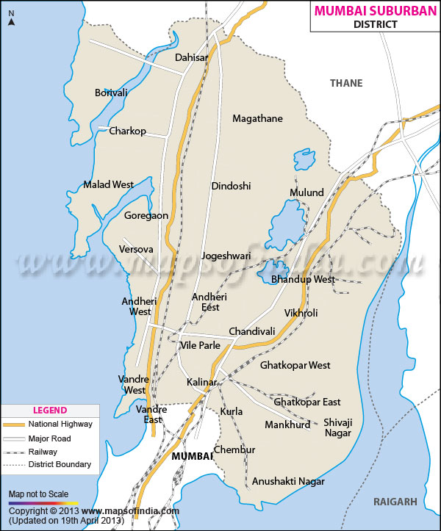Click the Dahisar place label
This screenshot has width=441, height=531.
pos(191,57)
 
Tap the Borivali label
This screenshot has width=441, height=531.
pos(111,93)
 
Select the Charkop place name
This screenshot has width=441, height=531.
pos(127,131)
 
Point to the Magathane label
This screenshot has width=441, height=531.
pos(257,118)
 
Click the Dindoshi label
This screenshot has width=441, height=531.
pos(231,186)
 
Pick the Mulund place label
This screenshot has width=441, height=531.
pos(306,192)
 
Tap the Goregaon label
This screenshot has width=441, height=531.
pos(146,216)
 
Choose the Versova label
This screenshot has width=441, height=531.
pos(136,250)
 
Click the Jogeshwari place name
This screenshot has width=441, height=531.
pos(226,256)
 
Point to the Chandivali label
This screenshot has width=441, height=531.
pos(251,331)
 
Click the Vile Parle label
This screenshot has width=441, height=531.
pos(200,345)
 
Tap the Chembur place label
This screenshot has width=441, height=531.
pos(234,449)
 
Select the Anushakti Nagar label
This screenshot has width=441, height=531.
pos(288,481)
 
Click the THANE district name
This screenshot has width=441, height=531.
pos(346,83)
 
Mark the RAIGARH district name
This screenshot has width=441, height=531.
pos(395,502)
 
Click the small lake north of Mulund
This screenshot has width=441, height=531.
pos(303,159)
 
